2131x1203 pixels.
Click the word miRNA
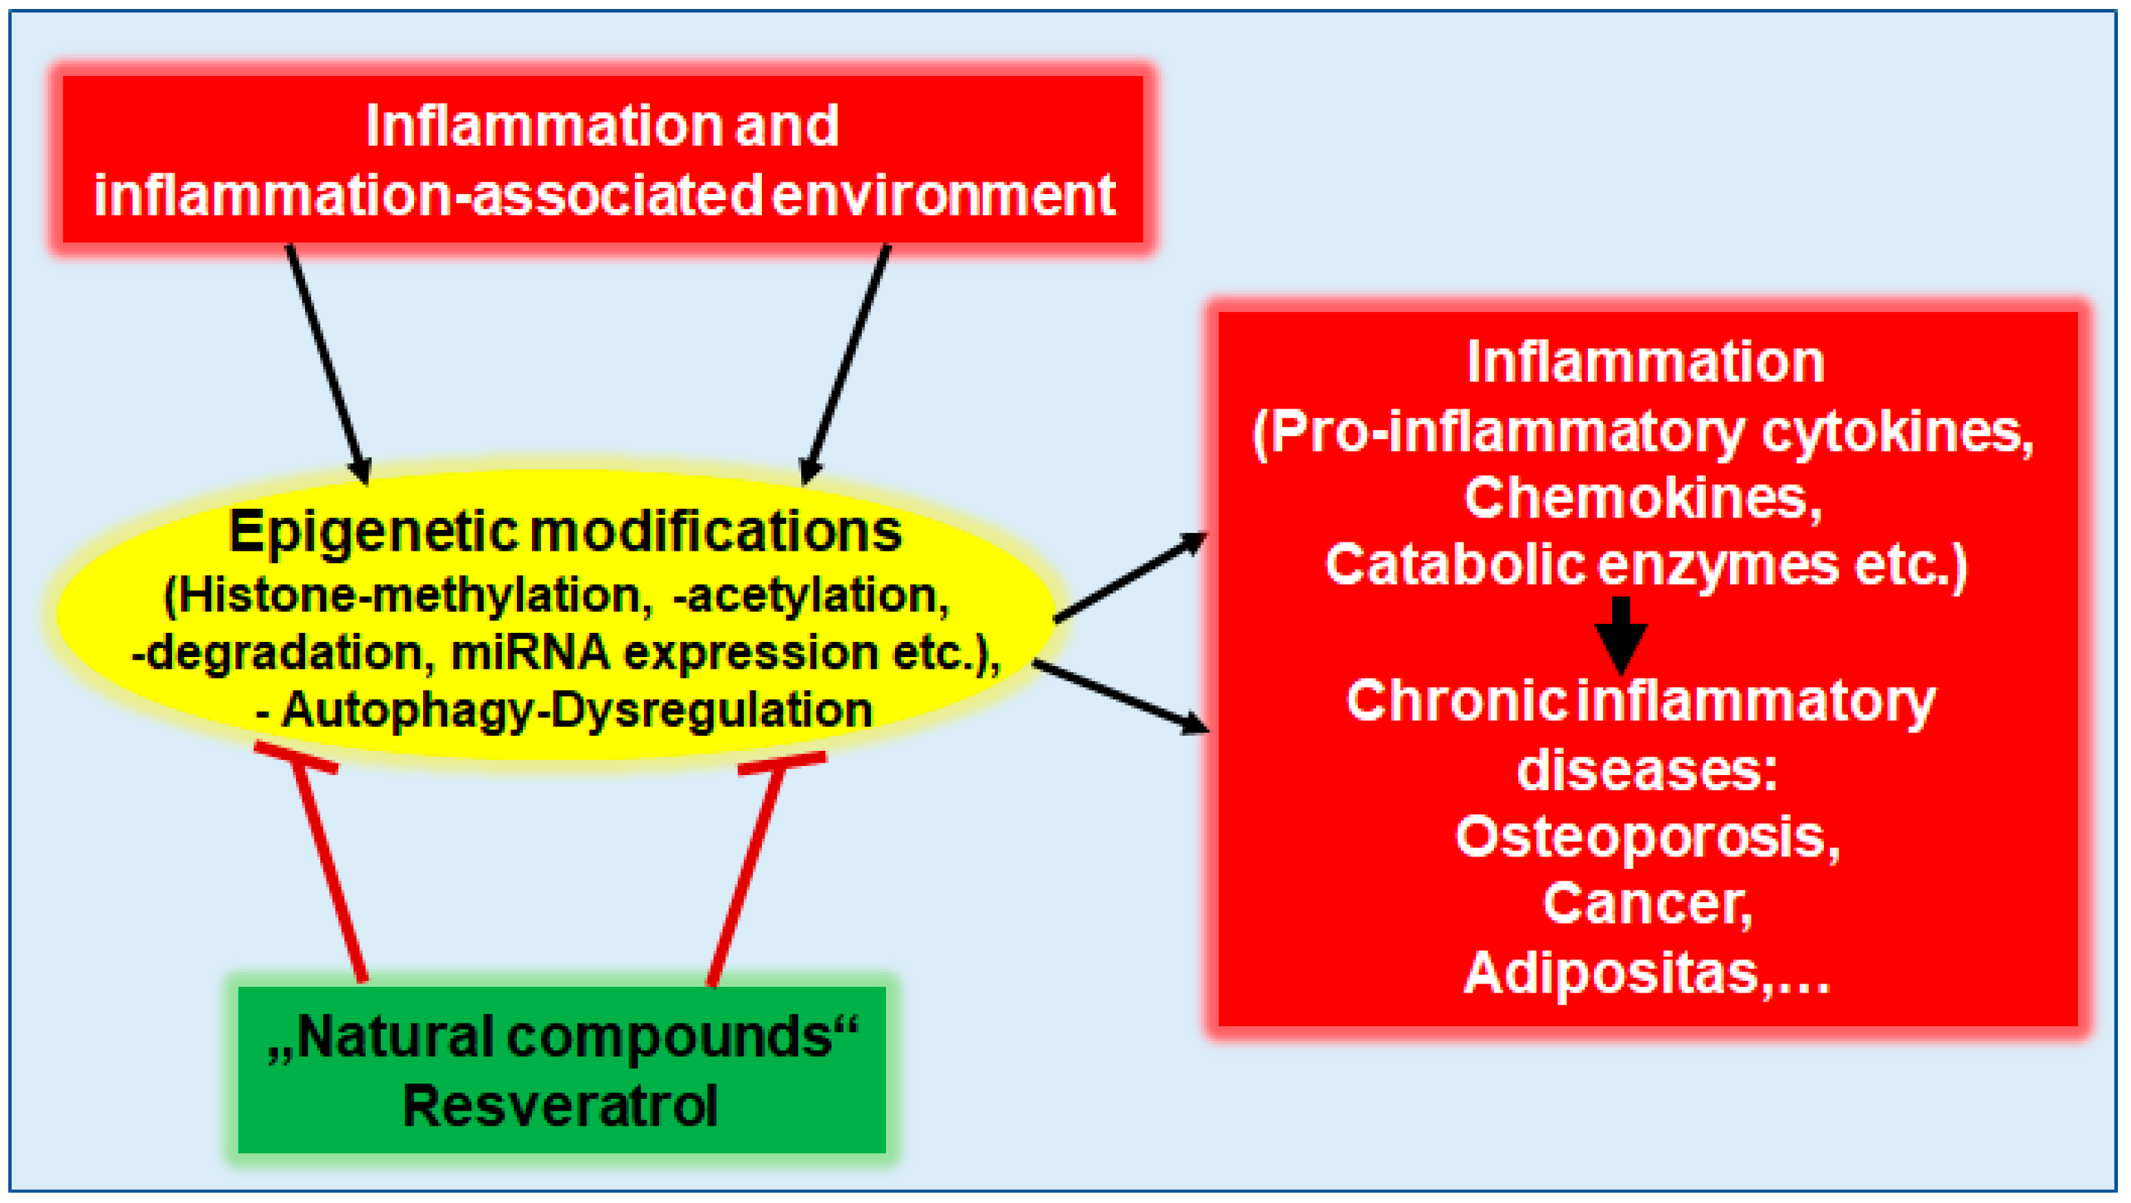click(530, 653)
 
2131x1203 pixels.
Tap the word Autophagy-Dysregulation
click(577, 710)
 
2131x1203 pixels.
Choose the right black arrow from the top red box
click(846, 364)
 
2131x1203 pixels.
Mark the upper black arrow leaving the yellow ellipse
click(1129, 578)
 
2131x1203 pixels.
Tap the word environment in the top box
click(944, 197)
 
